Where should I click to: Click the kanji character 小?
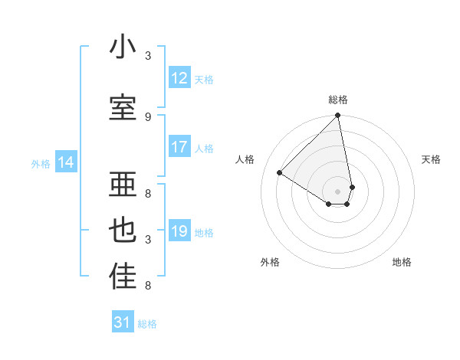coord(123,47)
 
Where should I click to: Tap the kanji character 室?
coord(123,108)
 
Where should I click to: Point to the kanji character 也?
coord(123,231)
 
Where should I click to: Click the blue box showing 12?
coord(179,78)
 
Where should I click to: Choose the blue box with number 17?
coord(179,147)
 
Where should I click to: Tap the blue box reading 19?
coord(179,231)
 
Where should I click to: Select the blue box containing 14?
coord(66,162)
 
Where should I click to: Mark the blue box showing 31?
coord(123,322)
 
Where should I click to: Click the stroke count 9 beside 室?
coord(148,116)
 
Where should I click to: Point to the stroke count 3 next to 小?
coord(148,56)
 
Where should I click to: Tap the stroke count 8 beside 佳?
coord(148,286)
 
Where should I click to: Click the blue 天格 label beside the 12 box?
coord(204,80)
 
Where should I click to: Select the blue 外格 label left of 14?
coord(41,163)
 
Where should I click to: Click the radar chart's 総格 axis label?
coord(338,100)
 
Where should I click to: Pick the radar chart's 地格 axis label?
coord(402,262)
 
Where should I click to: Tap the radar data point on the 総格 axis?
coord(338,116)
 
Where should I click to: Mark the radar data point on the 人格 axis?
coord(280,172)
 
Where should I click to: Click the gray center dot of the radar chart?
coord(338,190)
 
